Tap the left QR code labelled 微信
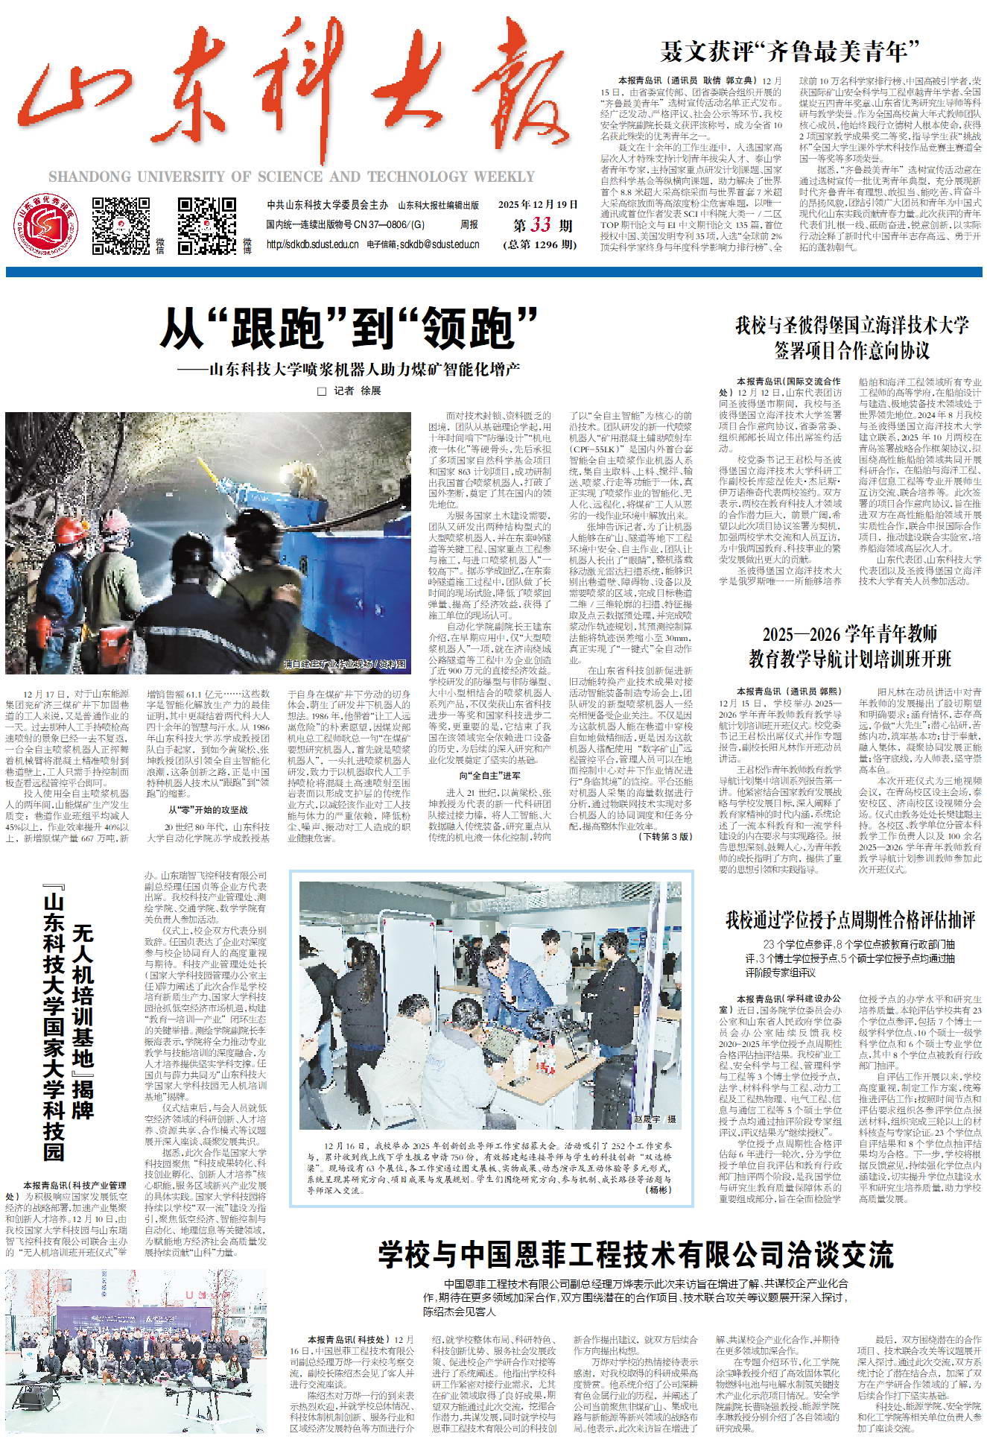tap(121, 225)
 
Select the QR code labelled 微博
tap(206, 225)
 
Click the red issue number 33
tap(541, 225)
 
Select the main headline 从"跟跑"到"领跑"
tap(349, 326)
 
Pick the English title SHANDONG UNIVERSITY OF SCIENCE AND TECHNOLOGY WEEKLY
tap(291, 177)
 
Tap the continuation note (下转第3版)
tap(665, 837)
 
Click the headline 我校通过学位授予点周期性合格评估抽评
tap(850, 920)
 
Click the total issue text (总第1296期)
tap(540, 244)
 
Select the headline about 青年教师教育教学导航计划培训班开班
tap(850, 647)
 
